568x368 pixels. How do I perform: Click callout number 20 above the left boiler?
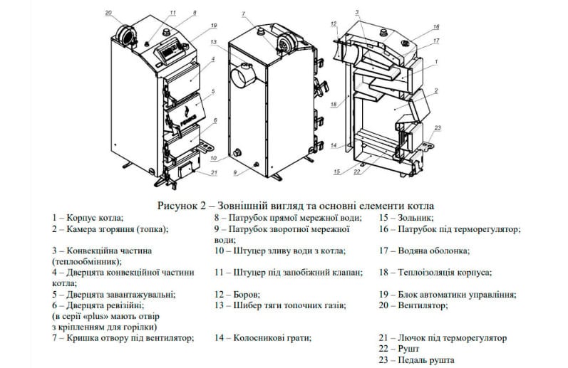point(108,13)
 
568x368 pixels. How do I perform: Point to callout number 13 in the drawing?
point(214,42)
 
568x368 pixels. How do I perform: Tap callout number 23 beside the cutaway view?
point(438,127)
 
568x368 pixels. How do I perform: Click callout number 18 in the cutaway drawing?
point(334,103)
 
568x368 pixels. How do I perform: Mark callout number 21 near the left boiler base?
point(213,172)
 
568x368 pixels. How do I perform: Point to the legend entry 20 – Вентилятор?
point(413,305)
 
